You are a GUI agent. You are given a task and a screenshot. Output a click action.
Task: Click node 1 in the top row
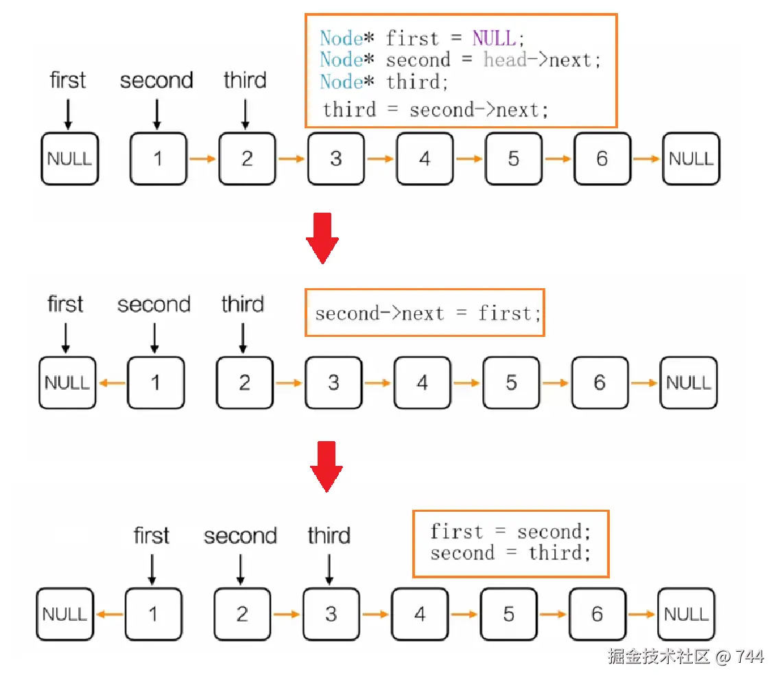pyautogui.click(x=158, y=159)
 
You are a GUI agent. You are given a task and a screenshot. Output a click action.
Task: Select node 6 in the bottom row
pyautogui.click(x=597, y=613)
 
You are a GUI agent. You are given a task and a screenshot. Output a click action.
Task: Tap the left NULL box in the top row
pyautogui.click(x=69, y=159)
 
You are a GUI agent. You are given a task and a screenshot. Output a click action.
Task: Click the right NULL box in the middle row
pyautogui.click(x=688, y=383)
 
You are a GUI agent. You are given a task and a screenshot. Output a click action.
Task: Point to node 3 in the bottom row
pyautogui.click(x=331, y=613)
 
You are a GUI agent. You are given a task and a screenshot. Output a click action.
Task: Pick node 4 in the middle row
pyautogui.click(x=422, y=383)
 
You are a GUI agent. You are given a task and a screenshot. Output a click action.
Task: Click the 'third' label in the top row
pyautogui.click(x=245, y=80)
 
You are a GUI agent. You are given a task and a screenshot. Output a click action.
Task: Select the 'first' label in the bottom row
pyautogui.click(x=152, y=536)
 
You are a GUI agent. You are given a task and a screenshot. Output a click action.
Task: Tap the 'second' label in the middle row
pyautogui.click(x=154, y=305)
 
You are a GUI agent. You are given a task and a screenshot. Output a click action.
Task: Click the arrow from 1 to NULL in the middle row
pyautogui.click(x=112, y=383)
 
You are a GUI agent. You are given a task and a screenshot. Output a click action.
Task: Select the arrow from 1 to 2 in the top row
pyautogui.click(x=202, y=159)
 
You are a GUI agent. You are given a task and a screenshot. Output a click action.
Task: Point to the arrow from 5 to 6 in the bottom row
pyautogui.click(x=553, y=613)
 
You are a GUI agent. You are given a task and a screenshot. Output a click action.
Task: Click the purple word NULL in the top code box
pyautogui.click(x=494, y=38)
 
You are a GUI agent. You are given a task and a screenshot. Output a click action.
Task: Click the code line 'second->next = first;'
pyautogui.click(x=428, y=314)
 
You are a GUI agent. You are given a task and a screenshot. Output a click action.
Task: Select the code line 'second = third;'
pyautogui.click(x=510, y=553)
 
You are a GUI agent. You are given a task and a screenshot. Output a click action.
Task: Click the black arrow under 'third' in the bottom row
pyautogui.click(x=329, y=569)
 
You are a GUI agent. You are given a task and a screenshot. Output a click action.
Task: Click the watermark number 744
pyautogui.click(x=750, y=657)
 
